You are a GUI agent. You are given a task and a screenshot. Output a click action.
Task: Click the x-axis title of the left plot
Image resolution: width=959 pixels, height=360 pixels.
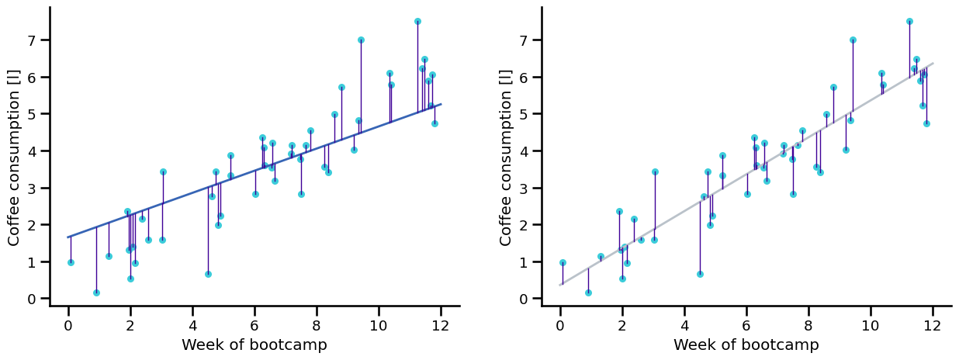tap(254, 345)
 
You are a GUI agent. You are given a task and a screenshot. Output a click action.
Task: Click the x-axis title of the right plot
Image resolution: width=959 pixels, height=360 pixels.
tap(746, 345)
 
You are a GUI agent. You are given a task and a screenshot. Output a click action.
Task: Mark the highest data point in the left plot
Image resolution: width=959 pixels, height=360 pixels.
tap(417, 22)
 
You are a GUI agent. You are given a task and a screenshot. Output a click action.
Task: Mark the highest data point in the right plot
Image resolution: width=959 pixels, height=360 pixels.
tap(909, 22)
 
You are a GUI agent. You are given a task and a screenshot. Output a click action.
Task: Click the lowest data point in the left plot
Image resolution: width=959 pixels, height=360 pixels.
tap(96, 292)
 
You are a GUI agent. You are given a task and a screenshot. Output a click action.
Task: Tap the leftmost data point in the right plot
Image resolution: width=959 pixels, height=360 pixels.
tap(563, 262)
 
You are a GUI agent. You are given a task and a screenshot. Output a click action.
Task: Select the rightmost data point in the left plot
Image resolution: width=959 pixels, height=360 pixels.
tap(434, 123)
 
